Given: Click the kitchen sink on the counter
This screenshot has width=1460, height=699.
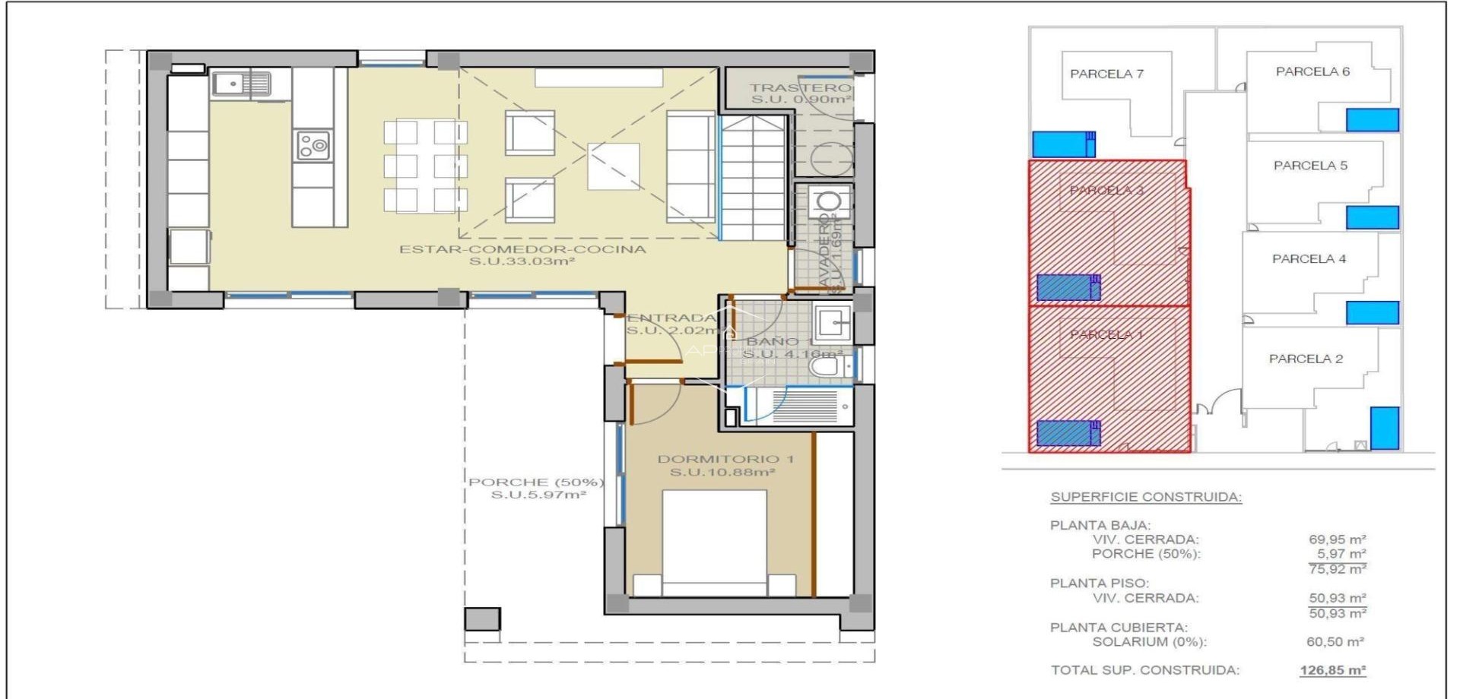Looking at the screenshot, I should point(241,84).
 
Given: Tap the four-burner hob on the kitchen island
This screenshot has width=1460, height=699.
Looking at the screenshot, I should point(313,145).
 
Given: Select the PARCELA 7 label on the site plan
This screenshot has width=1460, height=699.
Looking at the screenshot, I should point(1106,74).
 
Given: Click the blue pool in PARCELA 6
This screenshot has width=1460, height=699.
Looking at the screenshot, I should point(1372,120).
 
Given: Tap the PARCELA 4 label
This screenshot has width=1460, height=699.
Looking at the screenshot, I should point(1309,259).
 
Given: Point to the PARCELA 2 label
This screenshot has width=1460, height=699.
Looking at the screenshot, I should point(1306,359).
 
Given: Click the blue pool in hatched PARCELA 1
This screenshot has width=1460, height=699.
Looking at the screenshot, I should point(1068,433).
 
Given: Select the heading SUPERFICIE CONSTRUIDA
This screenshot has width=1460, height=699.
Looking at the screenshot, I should point(1146,497).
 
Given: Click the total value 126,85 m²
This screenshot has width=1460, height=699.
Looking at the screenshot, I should point(1332,670).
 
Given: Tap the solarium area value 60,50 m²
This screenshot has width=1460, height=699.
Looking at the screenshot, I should point(1335,642).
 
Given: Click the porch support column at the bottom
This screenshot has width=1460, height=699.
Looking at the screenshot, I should point(482,619).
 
